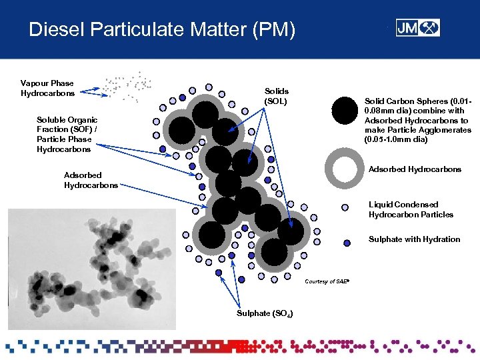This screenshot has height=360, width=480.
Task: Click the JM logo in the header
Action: tap(417, 28)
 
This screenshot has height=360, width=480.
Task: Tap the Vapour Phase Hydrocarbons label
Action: tap(47, 88)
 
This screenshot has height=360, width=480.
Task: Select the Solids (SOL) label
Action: tap(277, 95)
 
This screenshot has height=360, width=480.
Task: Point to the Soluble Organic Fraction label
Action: tap(67, 134)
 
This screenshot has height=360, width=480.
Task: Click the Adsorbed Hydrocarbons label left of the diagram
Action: tap(91, 180)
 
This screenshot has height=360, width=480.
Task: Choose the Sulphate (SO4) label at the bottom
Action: tap(264, 313)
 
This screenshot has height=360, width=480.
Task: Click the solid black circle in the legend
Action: tap(345, 111)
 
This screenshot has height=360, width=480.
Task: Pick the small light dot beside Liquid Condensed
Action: tap(345, 207)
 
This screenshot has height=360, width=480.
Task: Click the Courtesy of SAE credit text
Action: tap(327, 281)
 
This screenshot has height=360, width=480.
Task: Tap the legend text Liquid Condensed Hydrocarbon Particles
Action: tap(411, 209)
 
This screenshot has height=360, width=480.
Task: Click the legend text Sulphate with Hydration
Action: tap(414, 239)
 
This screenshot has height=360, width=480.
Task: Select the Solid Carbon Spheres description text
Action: tap(417, 120)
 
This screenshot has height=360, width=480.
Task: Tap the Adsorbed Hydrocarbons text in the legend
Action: tap(415, 169)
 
